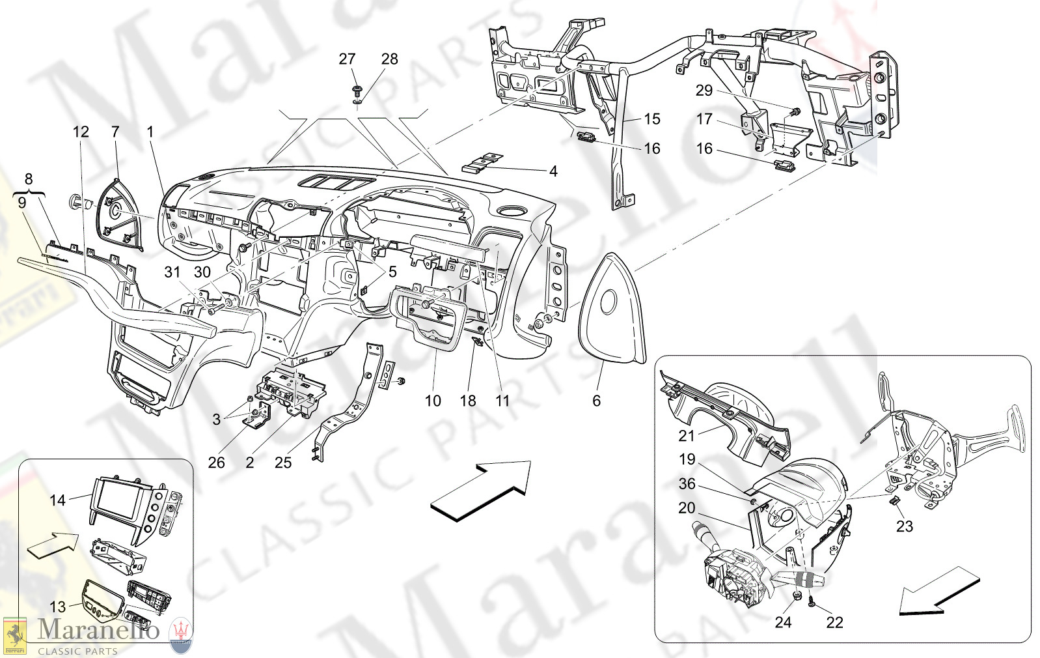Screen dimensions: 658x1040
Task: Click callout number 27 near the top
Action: (x=347, y=59)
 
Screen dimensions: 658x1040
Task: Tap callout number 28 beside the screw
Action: (x=389, y=59)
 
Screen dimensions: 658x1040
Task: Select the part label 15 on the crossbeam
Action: (x=651, y=119)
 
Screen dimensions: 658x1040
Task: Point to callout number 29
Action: (x=704, y=91)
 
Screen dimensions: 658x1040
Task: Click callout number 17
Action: (x=704, y=119)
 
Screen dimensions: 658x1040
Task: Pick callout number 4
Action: (x=553, y=171)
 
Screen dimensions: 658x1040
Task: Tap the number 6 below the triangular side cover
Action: (x=596, y=401)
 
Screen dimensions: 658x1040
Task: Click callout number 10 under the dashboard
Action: (x=433, y=401)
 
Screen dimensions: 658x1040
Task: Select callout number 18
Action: (x=468, y=401)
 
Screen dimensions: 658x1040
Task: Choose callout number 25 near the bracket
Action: (x=283, y=463)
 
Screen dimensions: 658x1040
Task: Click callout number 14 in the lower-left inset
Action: (x=58, y=500)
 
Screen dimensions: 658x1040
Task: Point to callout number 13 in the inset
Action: (x=58, y=607)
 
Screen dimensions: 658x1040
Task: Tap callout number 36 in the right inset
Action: (x=687, y=484)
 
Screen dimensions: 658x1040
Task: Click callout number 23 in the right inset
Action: (x=905, y=526)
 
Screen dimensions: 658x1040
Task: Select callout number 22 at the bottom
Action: (x=834, y=623)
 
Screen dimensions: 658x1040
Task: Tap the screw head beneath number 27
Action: (x=357, y=88)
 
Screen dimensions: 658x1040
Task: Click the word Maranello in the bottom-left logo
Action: (x=98, y=630)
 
